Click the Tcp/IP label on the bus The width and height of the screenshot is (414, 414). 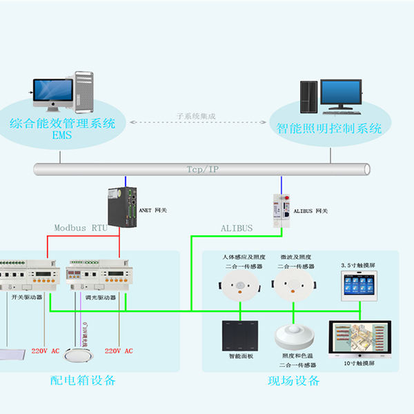[202, 169]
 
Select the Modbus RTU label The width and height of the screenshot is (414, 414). [81, 228]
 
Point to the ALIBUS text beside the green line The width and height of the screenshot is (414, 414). [237, 228]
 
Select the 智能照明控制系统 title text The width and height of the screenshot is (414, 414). [329, 129]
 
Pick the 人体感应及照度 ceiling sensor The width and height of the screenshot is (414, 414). [238, 284]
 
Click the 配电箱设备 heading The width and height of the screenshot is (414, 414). [83, 381]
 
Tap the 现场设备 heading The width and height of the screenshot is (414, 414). [294, 381]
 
